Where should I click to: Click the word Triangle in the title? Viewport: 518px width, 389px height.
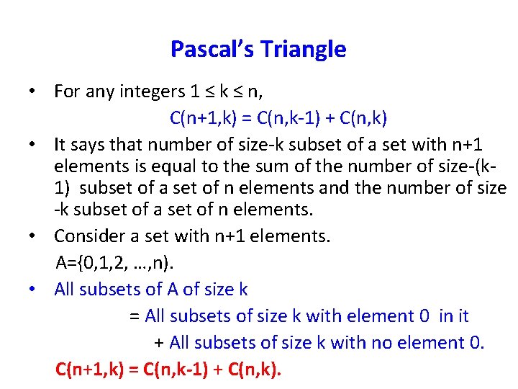pyautogui.click(x=303, y=50)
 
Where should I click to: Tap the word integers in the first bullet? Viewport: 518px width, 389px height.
pyautogui.click(x=157, y=92)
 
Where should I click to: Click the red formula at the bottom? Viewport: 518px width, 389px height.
pyautogui.click(x=169, y=370)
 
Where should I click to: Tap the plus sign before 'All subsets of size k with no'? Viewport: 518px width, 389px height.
pyautogui.click(x=159, y=343)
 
